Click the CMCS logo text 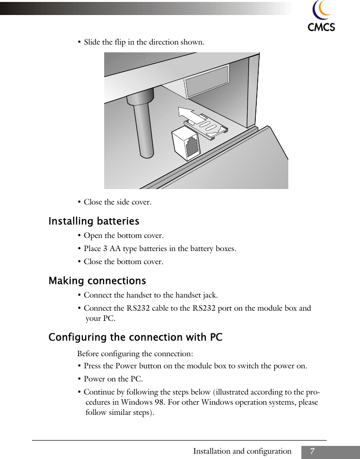click(321, 27)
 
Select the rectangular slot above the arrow click(206, 82)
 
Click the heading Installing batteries click(94, 222)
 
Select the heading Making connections click(97, 281)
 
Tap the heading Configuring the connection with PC click(136, 337)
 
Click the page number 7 click(313, 452)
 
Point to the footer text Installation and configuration click(242, 452)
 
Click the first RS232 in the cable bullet click(138, 308)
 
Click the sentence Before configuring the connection click(135, 354)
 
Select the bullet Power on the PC click(113, 379)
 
